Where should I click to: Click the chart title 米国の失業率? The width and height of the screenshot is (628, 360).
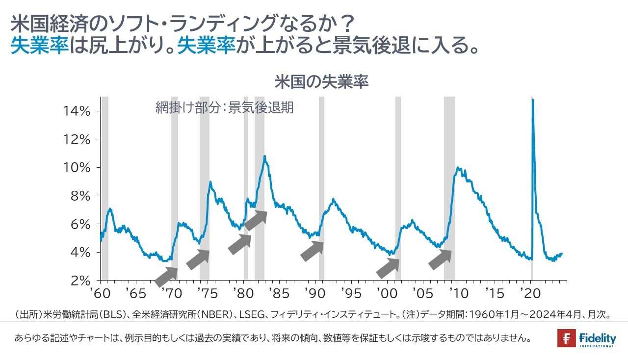click(x=321, y=82)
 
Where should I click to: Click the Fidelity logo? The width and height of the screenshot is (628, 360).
click(x=586, y=339)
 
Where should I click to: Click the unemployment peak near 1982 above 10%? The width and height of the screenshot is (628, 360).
click(x=265, y=156)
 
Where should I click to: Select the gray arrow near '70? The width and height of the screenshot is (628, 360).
click(x=166, y=276)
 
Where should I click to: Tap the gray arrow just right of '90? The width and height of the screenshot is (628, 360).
click(x=312, y=251)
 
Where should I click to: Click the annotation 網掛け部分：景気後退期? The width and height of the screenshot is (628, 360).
click(x=224, y=108)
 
